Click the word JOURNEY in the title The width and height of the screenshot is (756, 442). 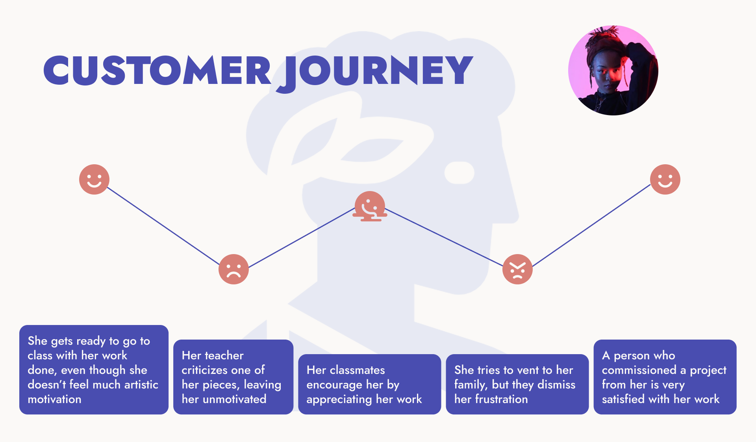376,71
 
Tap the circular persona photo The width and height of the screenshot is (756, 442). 613,71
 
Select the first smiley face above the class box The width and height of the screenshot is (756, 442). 94,179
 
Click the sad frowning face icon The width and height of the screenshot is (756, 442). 233,269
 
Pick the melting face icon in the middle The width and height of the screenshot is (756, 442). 370,206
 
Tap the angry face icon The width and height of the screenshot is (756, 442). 517,269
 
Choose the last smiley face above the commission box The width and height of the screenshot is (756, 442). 665,179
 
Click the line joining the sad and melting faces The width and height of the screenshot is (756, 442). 301,238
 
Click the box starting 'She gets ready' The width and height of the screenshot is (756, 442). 94,370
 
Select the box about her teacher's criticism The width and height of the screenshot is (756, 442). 233,377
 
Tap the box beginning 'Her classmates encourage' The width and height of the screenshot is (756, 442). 369,384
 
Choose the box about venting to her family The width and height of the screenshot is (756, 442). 517,384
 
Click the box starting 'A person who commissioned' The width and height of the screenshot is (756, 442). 665,377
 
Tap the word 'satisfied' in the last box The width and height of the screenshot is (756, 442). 623,399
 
